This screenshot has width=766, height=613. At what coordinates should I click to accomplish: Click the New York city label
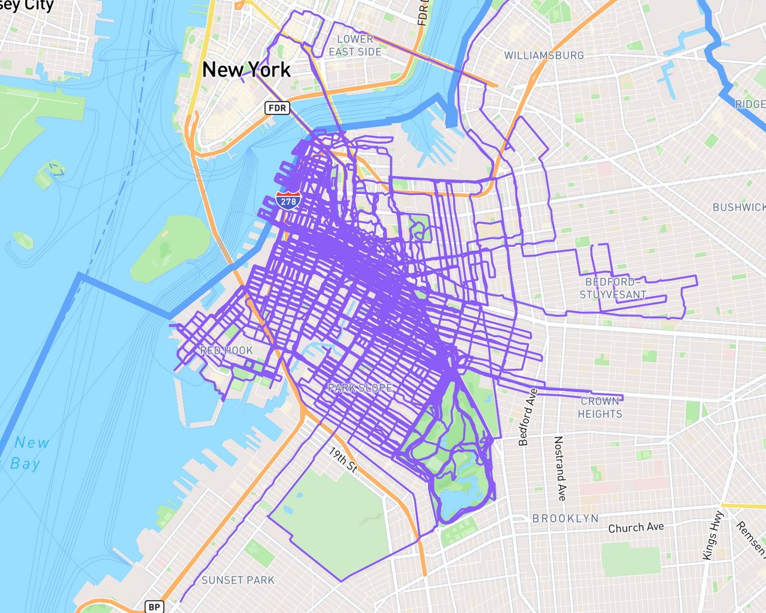coord(246,69)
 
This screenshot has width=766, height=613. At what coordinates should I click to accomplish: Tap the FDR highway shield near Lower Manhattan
coord(278,108)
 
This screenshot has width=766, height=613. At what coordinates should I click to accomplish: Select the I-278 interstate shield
coord(288,201)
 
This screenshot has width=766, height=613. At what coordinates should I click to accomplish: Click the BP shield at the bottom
coord(154,606)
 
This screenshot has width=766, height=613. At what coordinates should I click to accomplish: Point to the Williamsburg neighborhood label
coord(543,55)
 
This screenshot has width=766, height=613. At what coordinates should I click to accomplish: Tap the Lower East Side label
coord(355,45)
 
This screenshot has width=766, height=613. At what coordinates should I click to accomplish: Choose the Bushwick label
coord(738,207)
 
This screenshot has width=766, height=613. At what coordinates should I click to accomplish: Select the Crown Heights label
coord(600,407)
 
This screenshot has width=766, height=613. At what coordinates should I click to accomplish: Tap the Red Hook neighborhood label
coord(226,350)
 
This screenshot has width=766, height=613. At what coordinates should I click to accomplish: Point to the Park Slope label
coord(360,388)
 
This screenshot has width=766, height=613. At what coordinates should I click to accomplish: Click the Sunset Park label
coord(238,579)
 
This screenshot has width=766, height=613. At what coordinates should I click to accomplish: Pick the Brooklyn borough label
coord(565,518)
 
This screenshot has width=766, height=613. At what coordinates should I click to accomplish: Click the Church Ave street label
coord(636,527)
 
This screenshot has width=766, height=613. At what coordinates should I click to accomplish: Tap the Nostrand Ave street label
coord(559,468)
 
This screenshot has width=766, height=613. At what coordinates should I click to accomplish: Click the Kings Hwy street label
coord(713,535)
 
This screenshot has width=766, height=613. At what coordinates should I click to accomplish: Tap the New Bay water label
coord(28,453)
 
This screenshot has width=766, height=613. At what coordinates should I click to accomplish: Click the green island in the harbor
coord(170,249)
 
